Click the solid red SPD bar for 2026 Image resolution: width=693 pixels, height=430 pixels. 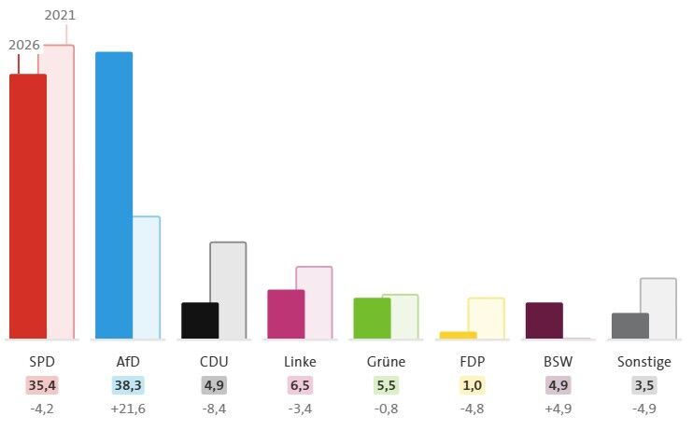coord(28,207)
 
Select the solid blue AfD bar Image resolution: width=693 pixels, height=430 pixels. coord(114,196)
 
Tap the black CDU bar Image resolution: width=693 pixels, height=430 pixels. coord(200,321)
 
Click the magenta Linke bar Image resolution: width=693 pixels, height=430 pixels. coord(286,314)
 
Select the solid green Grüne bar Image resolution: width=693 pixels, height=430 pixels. coord(372,319)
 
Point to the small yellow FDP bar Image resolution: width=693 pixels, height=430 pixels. coord(459,336)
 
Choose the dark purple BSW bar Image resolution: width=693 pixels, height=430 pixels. coord(544,321)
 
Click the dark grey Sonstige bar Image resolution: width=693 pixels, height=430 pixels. coord(630,326)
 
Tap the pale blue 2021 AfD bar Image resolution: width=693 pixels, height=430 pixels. coord(147,278)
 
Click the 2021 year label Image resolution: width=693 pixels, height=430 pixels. coord(60,16)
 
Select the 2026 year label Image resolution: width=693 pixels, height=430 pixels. coord(24,45)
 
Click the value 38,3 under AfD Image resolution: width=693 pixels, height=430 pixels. coord(128,385)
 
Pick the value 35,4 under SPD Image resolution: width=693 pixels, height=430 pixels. coord(42,385)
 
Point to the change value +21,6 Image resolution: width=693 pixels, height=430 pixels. coord(128,409)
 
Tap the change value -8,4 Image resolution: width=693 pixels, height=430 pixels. coord(214,409)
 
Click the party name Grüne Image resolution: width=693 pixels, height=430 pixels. coord(387,362)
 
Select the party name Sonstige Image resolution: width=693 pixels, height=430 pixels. coord(644,362)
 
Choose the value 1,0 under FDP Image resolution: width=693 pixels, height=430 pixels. coord(472,385)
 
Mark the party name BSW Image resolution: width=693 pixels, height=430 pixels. coord(559,362)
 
